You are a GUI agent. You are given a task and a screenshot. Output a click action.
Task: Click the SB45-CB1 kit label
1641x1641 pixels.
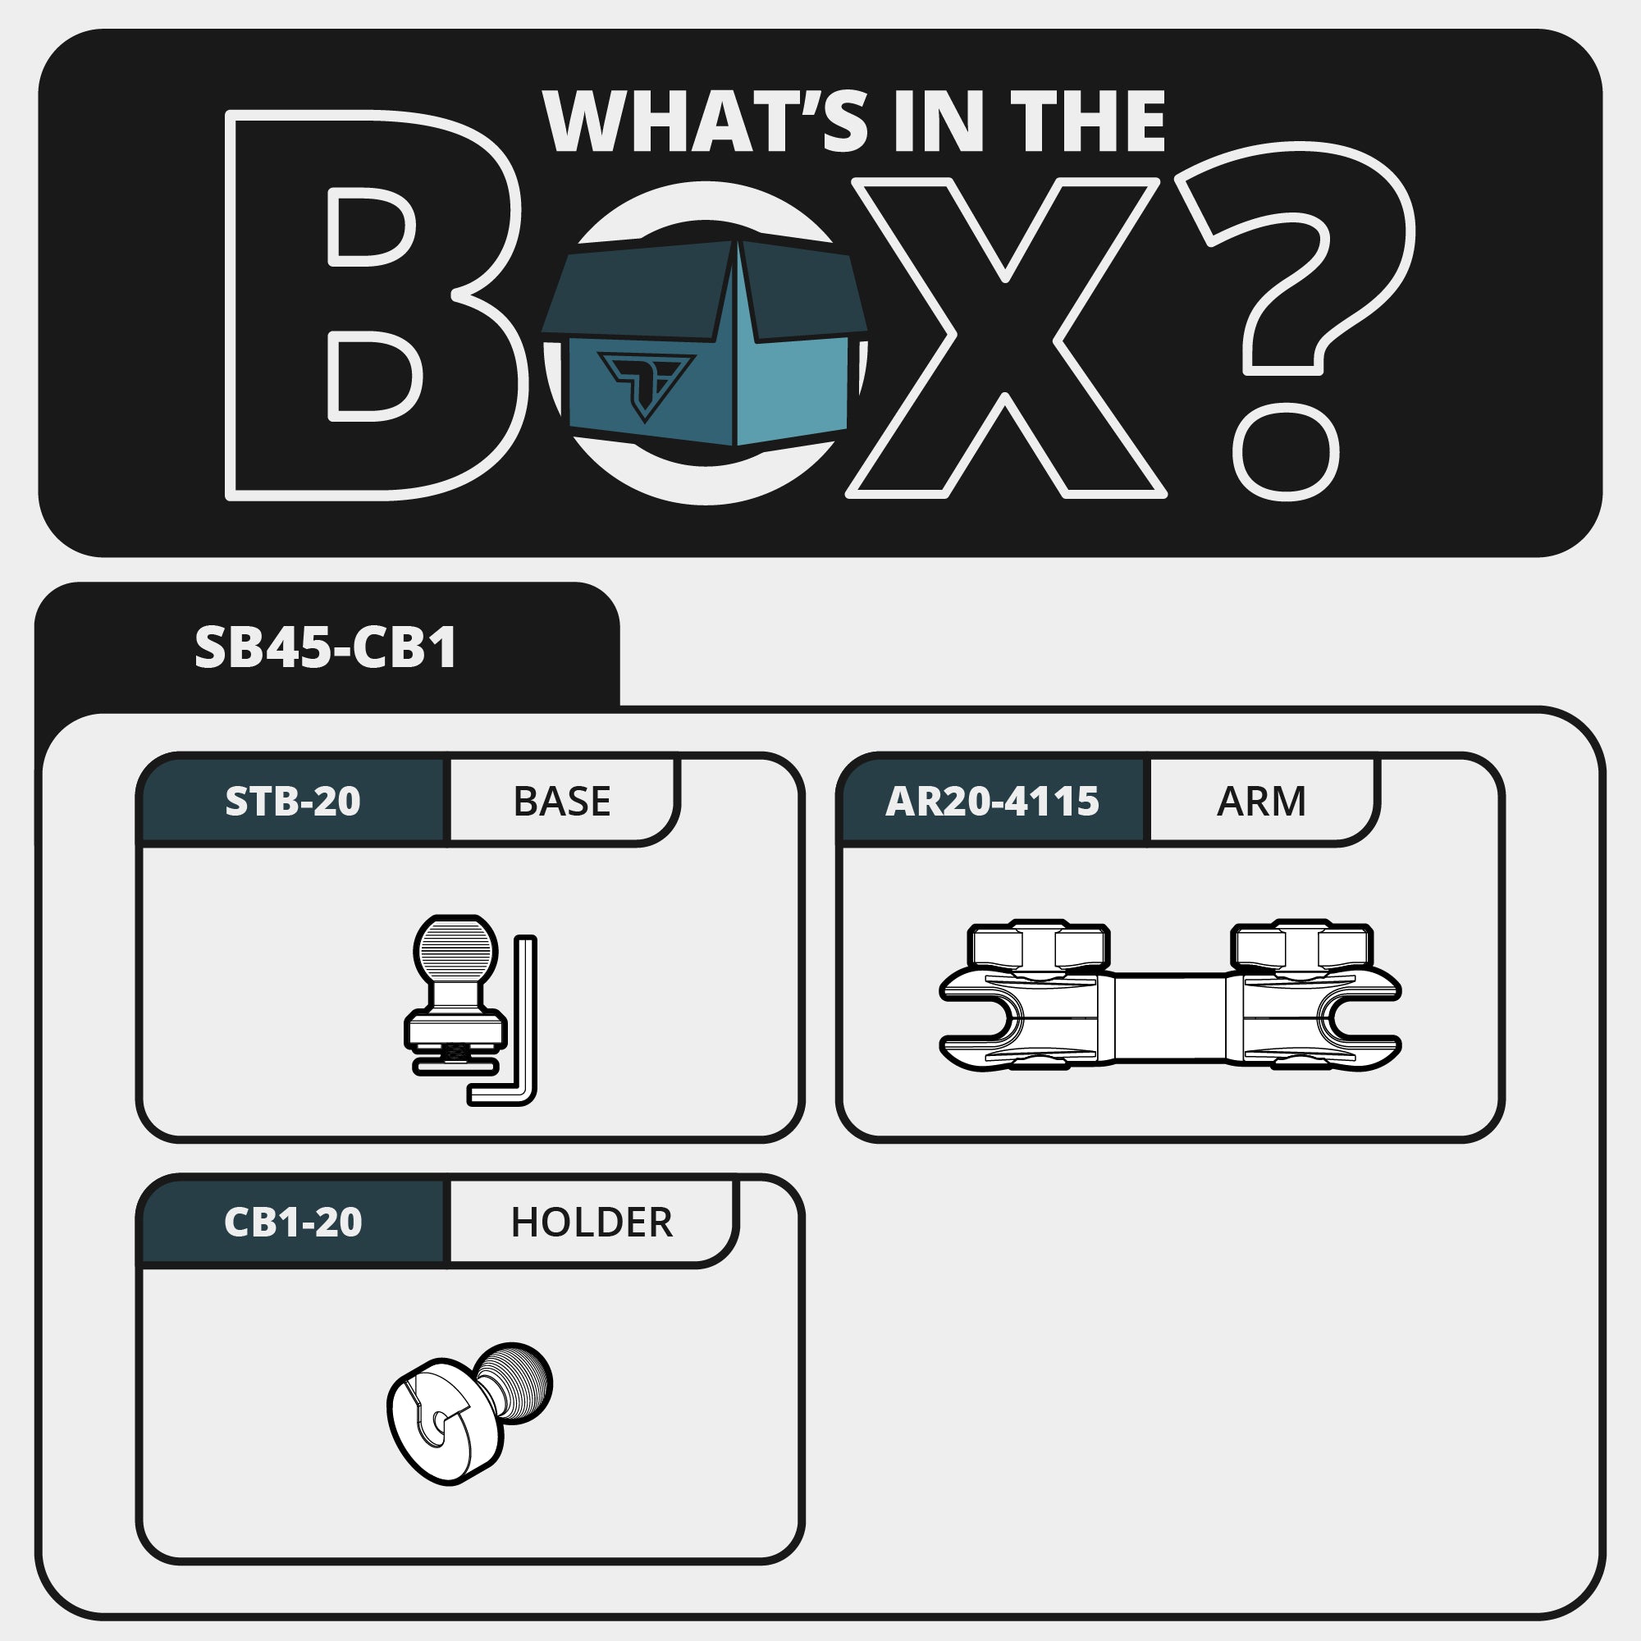(x=327, y=648)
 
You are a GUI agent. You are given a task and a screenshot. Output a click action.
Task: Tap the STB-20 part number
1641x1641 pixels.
(x=293, y=801)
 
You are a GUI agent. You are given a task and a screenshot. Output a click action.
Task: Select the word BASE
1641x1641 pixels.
(x=561, y=801)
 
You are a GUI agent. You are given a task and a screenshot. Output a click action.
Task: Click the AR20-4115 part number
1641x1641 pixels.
(x=992, y=801)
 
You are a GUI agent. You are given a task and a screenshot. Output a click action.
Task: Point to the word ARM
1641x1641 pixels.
(x=1261, y=801)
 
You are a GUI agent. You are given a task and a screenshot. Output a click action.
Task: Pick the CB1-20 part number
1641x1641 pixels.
(x=293, y=1223)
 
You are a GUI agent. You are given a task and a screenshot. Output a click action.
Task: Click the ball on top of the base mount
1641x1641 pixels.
(x=456, y=948)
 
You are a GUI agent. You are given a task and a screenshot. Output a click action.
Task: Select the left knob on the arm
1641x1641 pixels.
(x=1038, y=945)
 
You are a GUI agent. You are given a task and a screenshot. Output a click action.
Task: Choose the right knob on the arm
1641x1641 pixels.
(x=1301, y=945)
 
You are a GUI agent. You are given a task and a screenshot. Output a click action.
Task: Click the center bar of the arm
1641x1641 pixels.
(x=1169, y=1017)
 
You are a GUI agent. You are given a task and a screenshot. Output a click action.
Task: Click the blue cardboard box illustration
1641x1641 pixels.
(x=705, y=341)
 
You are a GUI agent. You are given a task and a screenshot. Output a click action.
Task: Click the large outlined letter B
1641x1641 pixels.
(x=373, y=305)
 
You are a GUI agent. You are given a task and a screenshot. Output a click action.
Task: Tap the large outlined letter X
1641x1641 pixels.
(x=1006, y=337)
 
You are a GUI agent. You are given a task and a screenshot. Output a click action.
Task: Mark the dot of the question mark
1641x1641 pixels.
(x=1285, y=452)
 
